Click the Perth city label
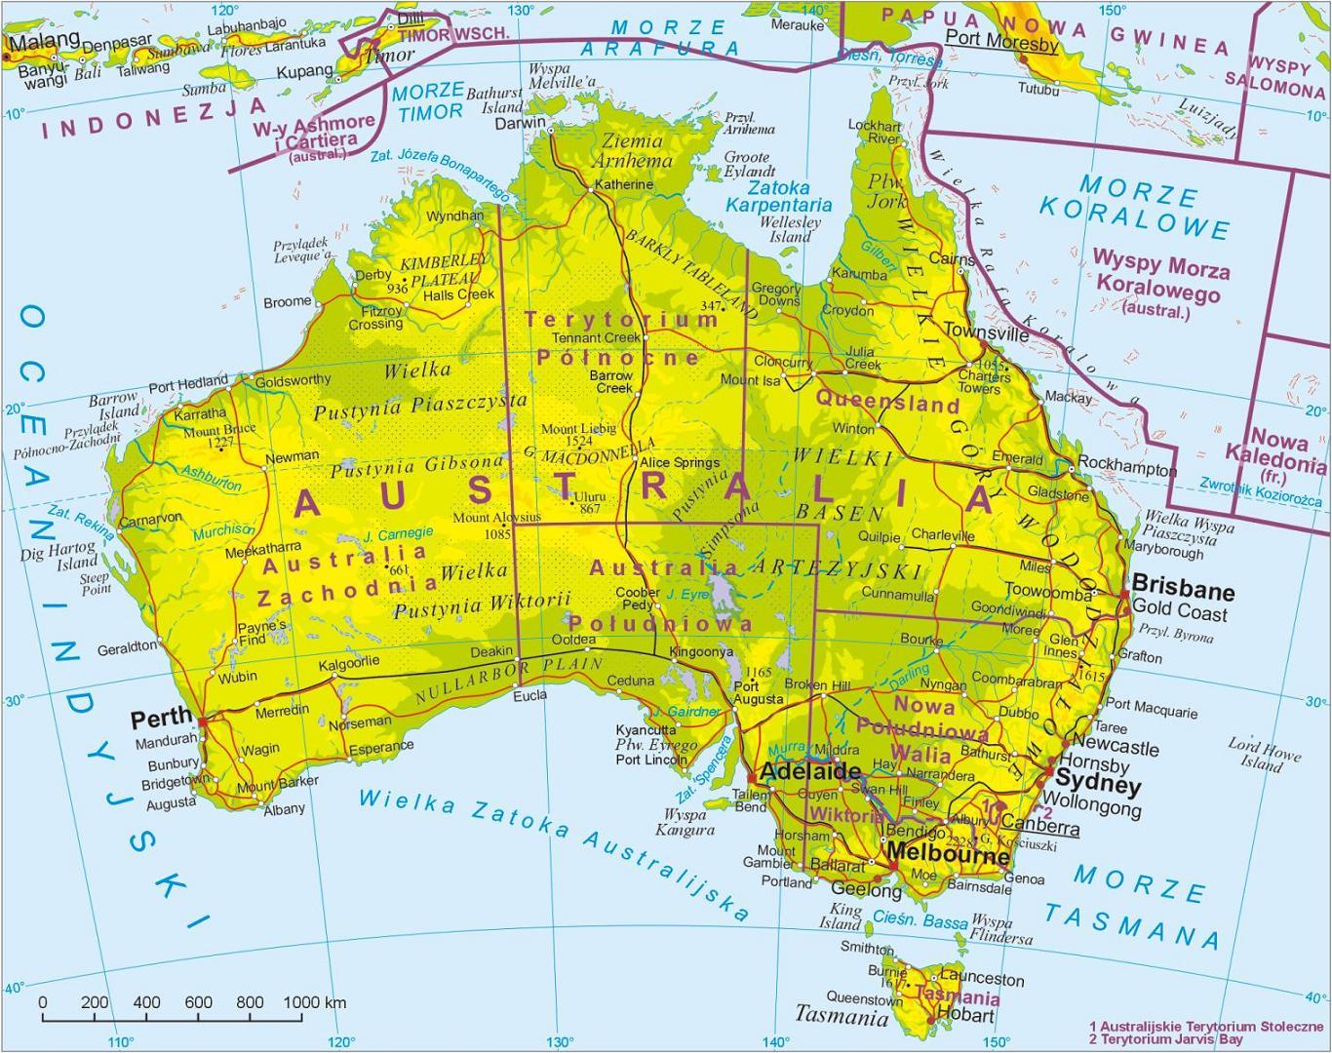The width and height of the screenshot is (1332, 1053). pos(162,720)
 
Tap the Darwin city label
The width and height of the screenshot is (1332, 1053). pos(520,124)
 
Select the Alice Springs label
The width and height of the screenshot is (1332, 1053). pos(679,462)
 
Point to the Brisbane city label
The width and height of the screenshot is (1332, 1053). pos(1183,591)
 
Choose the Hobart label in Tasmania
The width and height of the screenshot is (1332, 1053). pos(964,1014)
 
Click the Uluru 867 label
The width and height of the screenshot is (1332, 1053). pos(590,502)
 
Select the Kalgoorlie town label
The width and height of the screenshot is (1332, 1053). pos(349,662)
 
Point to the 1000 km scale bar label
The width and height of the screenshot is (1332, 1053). pos(314,1002)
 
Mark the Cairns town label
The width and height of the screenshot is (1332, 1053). pos(951,259)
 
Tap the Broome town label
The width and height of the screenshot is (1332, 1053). pos(287,302)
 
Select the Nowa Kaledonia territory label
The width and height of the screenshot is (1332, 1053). pos(1273,453)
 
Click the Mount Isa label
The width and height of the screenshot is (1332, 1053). pos(750,380)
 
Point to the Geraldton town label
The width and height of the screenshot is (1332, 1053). pos(127,647)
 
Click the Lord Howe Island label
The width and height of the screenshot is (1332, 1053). pos(1264,756)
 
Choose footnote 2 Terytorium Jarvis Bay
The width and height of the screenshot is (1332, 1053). pos(1166,1039)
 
